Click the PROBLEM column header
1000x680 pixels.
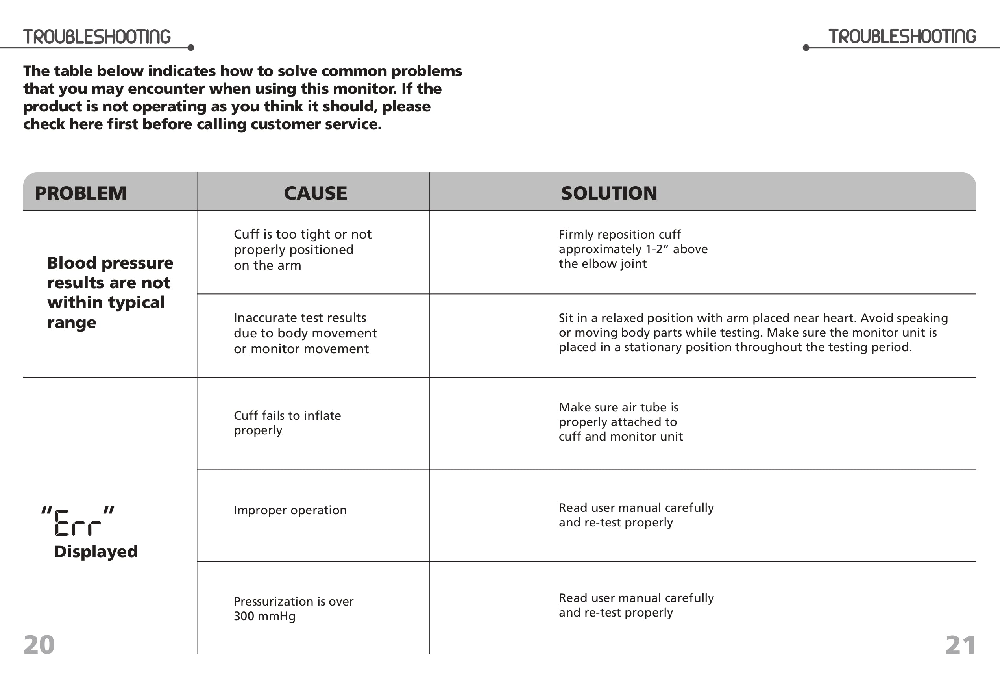coord(81,193)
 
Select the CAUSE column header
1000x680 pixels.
coord(315,193)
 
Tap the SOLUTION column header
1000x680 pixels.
coord(609,193)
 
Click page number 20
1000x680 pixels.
coord(39,645)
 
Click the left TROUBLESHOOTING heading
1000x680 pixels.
coord(97,37)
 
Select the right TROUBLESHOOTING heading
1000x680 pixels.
coord(902,37)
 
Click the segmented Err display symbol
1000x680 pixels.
coord(78,522)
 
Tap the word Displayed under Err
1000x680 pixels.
coord(96,552)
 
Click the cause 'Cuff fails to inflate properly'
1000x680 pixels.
coord(287,422)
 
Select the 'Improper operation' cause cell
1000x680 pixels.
coord(290,510)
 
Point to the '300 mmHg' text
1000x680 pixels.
coord(264,616)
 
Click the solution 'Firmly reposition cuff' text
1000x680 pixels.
coord(619,235)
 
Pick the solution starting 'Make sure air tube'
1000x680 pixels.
coord(621,422)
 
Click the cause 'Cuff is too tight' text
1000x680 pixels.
coord(302,250)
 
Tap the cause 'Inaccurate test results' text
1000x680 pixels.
coord(305,333)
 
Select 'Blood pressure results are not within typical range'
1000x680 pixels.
coord(110,293)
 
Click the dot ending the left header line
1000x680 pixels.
coord(191,48)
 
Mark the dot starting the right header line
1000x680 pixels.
coord(806,48)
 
